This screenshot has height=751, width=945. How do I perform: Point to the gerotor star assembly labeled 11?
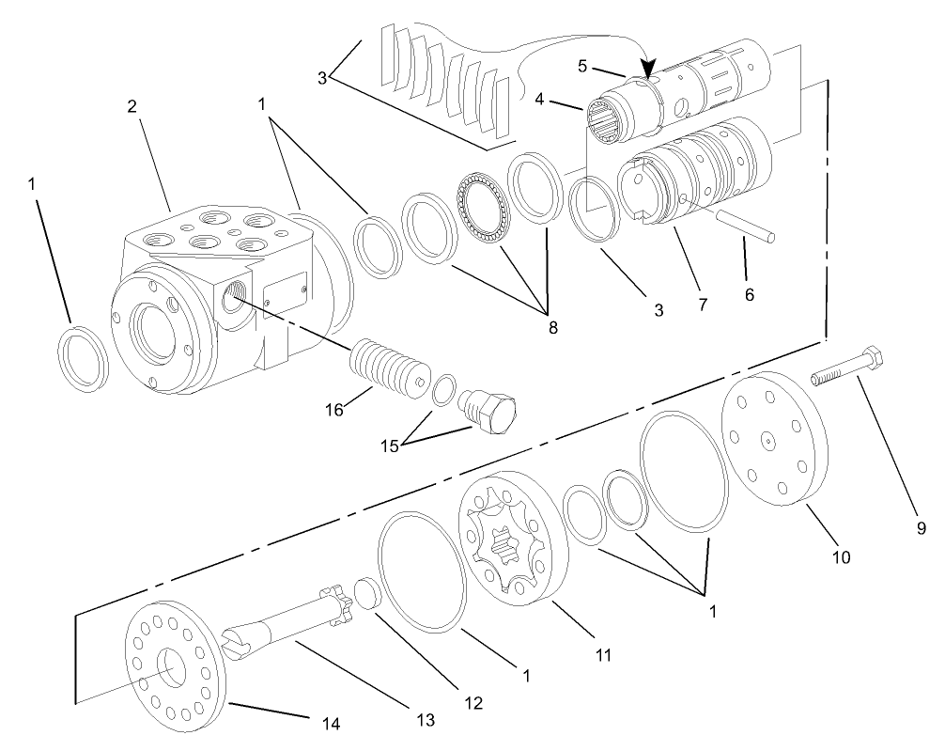pyautogui.click(x=511, y=532)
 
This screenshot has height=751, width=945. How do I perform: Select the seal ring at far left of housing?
pyautogui.click(x=81, y=357)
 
